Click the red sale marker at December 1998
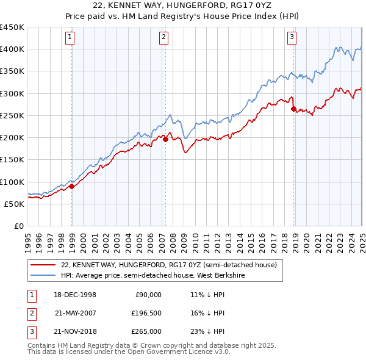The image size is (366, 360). [72, 186]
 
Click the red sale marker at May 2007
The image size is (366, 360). [165, 139]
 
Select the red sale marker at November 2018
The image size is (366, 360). [293, 109]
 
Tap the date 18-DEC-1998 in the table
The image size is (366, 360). [76, 295]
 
